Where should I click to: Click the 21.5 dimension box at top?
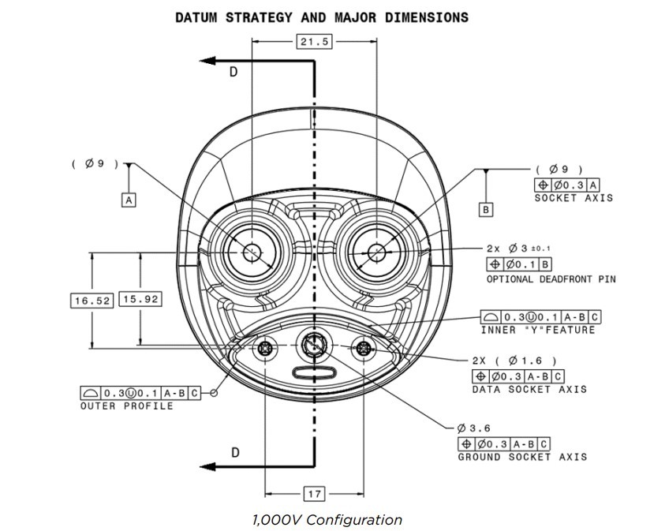click(x=314, y=42)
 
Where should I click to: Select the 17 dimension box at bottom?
click(x=314, y=494)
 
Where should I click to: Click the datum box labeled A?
click(x=129, y=200)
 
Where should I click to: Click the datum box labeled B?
click(x=487, y=210)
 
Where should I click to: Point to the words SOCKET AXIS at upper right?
click(x=573, y=198)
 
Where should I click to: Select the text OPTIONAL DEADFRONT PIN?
click(x=551, y=279)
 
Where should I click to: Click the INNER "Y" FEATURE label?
click(x=538, y=330)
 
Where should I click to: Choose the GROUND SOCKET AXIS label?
click(x=522, y=457)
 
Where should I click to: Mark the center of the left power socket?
click(x=252, y=252)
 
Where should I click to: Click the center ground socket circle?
click(x=314, y=345)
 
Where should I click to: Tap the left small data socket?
click(x=265, y=348)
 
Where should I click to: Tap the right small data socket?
click(x=364, y=348)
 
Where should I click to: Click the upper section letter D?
click(x=233, y=72)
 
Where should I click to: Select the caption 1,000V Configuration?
click(x=327, y=520)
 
